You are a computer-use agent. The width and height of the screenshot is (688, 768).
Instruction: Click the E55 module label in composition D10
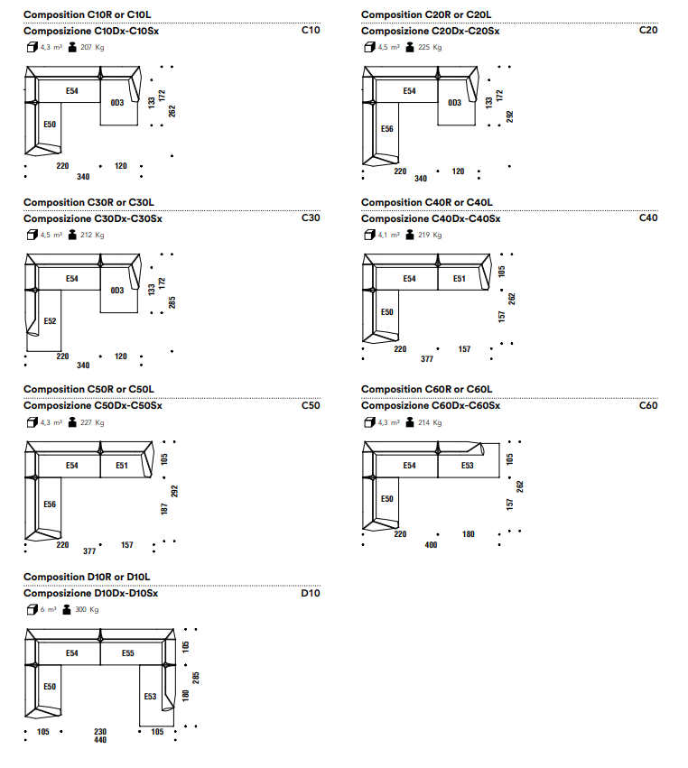coord(128,652)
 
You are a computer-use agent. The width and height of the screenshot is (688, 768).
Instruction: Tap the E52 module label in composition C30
coord(50,320)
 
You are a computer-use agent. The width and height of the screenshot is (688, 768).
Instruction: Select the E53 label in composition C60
coord(468,466)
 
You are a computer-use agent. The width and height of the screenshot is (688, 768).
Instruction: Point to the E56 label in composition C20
coord(387,129)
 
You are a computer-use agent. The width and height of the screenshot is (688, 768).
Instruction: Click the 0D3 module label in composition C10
coord(117,102)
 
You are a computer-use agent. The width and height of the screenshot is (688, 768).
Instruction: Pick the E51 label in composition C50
coord(122,466)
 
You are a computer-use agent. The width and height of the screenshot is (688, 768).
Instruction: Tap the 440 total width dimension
coord(100,740)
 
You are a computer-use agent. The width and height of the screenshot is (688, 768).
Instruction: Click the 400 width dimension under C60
coord(431,545)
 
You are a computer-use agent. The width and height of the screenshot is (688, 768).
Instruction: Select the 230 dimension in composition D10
coord(100,732)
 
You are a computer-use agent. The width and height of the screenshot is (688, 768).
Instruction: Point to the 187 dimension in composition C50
coord(164,509)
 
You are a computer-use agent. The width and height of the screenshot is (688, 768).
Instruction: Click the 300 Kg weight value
coord(87,609)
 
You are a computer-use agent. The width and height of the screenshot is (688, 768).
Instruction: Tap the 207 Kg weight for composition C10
coord(92,47)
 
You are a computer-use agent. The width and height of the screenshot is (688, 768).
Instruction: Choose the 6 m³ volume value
coord(48,609)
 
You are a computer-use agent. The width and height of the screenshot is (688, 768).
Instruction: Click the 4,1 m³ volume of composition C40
coord(388,235)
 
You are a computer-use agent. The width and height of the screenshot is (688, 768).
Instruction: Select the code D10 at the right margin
coord(311,593)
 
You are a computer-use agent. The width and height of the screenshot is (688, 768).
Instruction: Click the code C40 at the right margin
coord(648,218)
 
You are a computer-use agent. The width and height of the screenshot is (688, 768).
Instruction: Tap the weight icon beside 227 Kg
coord(72,422)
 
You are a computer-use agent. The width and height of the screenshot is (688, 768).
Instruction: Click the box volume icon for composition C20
coord(369,47)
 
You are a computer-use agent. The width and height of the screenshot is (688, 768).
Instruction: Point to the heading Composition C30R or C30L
coord(88,202)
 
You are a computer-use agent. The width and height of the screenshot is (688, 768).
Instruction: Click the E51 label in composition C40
coord(460,279)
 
